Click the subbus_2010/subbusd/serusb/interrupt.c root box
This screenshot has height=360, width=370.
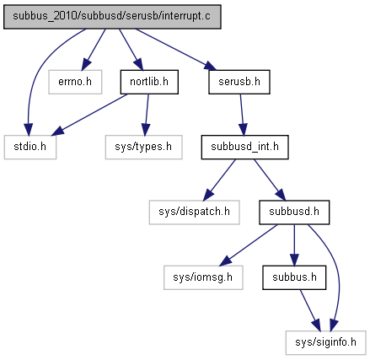tap(112, 17)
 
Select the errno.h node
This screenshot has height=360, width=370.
tap(75, 82)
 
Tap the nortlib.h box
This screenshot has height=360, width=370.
tap(149, 82)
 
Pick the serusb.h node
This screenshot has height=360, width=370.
tap(239, 82)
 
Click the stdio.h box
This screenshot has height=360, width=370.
tap(30, 147)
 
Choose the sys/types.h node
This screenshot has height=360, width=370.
tap(143, 147)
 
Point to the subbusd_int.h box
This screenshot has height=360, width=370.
tap(244, 147)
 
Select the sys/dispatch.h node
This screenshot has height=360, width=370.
tap(194, 212)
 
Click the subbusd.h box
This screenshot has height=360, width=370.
tap(294, 212)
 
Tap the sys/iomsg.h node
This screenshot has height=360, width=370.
tap(203, 277)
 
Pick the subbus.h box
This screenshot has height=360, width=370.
tap(294, 277)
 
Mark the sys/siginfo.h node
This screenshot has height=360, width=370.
tap(325, 342)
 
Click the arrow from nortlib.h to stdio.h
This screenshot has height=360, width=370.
tap(90, 115)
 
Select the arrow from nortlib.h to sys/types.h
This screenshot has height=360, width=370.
tap(147, 115)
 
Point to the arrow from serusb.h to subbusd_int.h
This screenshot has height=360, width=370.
tap(242, 115)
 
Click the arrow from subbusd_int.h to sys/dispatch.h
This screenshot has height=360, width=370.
tap(219, 180)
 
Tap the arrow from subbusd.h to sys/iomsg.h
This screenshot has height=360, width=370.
tap(249, 245)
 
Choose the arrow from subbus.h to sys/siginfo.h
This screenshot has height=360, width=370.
tap(310, 310)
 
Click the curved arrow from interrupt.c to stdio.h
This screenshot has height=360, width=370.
tap(36, 73)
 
